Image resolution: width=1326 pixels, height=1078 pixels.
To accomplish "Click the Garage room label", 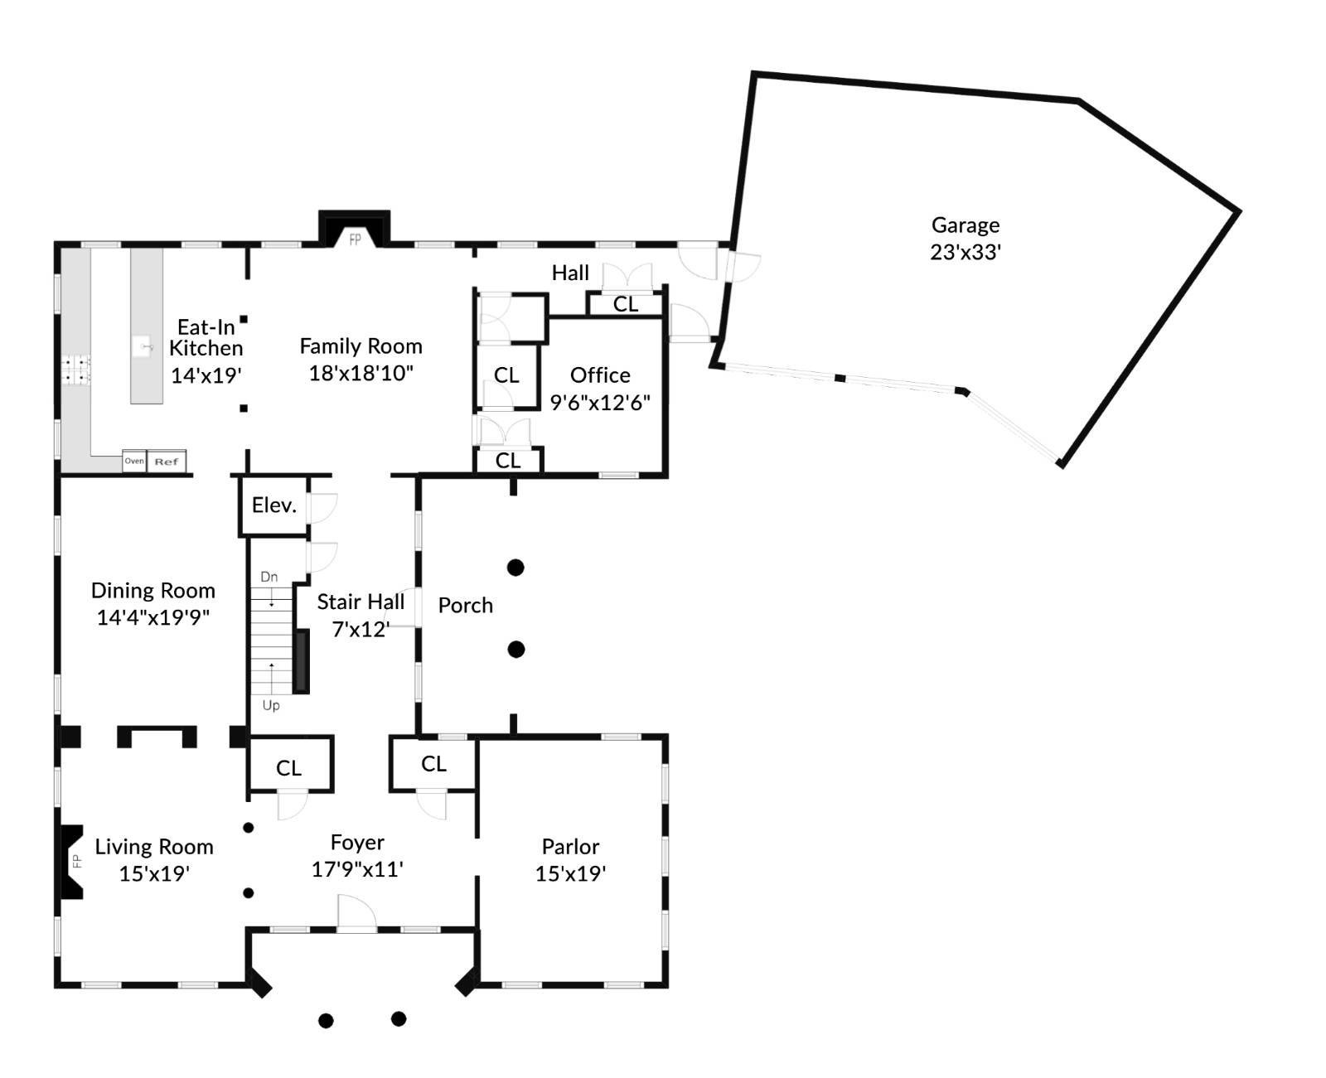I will [x=965, y=225].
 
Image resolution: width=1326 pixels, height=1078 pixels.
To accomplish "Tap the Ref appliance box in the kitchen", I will [x=167, y=462].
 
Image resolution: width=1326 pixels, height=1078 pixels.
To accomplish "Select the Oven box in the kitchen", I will [x=134, y=462].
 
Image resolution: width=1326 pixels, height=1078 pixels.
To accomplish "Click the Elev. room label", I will [x=274, y=505].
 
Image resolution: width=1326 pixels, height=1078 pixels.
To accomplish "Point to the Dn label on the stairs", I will [x=269, y=577].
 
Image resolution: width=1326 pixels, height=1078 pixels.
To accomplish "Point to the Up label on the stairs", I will [x=271, y=705].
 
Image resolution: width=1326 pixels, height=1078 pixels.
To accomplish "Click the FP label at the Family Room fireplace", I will [x=355, y=239].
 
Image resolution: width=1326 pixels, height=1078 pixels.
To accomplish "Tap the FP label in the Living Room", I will [x=76, y=861].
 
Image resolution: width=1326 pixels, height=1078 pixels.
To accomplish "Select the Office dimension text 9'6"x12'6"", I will [x=600, y=403].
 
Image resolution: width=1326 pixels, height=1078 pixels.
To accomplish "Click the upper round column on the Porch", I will [x=515, y=568].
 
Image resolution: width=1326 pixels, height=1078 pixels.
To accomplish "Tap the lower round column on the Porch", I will [x=515, y=650].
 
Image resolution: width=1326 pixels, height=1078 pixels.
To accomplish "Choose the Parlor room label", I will [x=570, y=847].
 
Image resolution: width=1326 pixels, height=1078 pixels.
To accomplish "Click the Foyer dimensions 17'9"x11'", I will [x=357, y=869].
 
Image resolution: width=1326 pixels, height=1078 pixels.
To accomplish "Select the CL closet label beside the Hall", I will [x=626, y=304].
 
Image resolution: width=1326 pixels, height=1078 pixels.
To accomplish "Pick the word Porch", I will [x=465, y=606].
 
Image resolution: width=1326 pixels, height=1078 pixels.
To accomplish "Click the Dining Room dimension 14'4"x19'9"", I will [x=153, y=617].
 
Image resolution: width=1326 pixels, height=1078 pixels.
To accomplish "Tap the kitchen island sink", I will [x=144, y=346].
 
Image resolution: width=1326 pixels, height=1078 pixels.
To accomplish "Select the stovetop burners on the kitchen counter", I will [x=77, y=370].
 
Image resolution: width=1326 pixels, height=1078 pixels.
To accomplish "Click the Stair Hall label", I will [x=361, y=602].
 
